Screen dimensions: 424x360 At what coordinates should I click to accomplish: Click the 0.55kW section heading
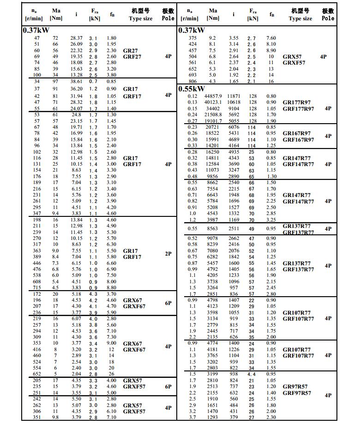coord(192,89)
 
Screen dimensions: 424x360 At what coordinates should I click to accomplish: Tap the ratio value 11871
coord(234,96)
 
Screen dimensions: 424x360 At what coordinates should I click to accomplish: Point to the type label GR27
coord(130,50)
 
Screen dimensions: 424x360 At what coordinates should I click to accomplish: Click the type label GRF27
coord(132,57)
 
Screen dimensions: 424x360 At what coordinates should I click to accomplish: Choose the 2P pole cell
coord(168,254)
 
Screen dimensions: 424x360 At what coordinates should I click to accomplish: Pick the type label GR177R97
coord(298,102)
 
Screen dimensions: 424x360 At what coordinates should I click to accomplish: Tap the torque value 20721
coord(212,127)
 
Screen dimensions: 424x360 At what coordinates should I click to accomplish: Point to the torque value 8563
coord(213,228)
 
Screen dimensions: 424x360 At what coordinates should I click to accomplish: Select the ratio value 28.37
coord(76,38)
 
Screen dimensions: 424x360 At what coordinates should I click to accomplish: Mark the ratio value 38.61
coord(76,81)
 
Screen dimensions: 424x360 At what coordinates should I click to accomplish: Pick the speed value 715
coord(37,287)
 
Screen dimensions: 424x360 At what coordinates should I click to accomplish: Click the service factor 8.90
coord(271,50)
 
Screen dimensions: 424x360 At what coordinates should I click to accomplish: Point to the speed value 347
coord(37,213)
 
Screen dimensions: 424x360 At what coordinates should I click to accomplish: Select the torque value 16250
coord(213,152)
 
